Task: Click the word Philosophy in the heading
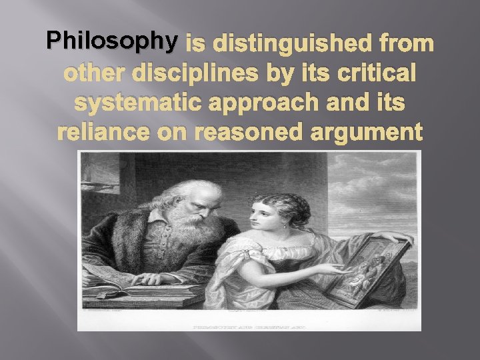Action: tap(111, 41)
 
